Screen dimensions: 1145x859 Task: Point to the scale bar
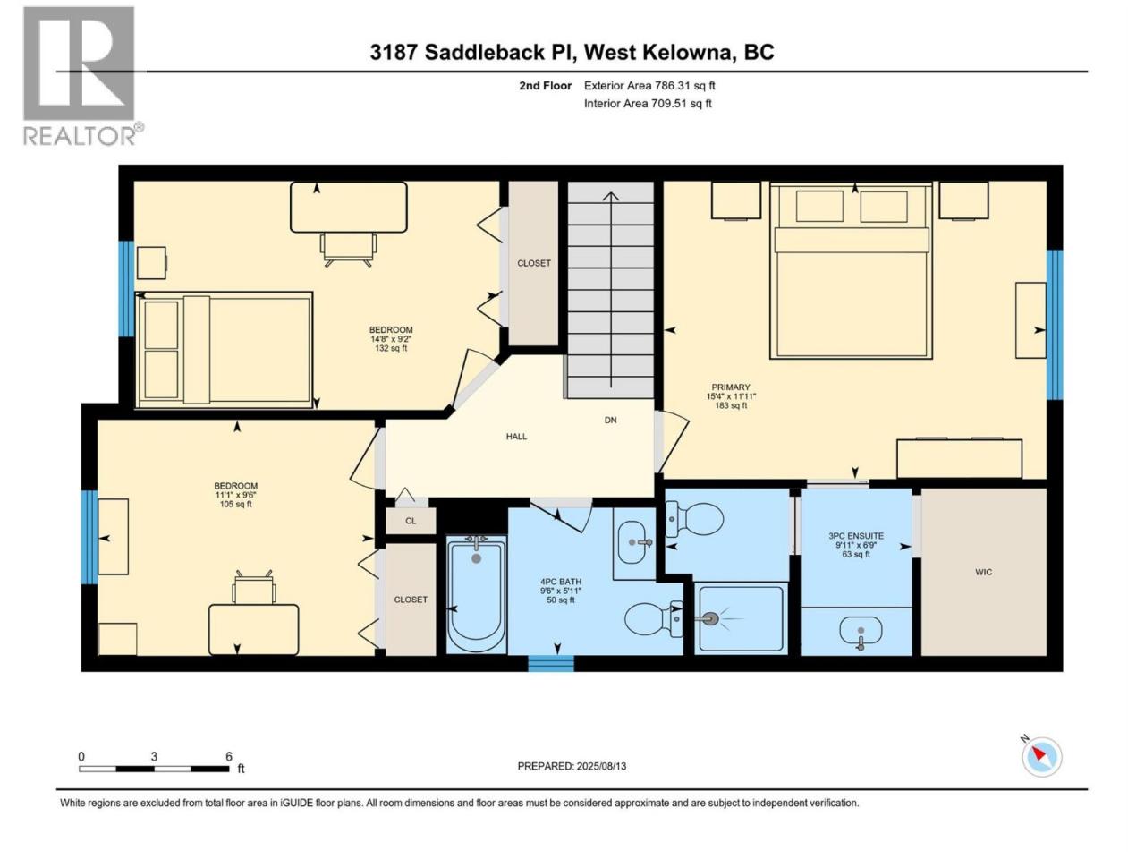[155, 769]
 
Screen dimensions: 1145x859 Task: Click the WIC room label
[983, 572]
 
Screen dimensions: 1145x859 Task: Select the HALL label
[516, 437]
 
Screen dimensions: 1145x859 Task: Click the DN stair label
[610, 420]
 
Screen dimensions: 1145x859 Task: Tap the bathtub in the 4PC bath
[476, 595]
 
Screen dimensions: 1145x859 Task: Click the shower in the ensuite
[741, 618]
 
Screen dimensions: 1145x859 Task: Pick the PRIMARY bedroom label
[731, 387]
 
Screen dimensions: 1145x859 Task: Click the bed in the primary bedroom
[852, 270]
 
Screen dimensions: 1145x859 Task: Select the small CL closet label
[411, 521]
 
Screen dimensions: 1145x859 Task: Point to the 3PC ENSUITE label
[856, 536]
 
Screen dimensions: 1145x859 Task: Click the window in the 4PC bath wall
[551, 663]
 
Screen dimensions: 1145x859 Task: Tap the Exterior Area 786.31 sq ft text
[649, 86]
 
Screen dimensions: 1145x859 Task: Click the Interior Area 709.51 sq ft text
[648, 103]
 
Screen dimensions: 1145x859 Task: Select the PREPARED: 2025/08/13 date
[572, 766]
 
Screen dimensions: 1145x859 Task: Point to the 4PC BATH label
[561, 582]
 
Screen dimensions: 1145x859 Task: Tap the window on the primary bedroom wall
[1055, 325]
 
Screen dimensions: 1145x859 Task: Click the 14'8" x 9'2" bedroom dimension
[391, 339]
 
